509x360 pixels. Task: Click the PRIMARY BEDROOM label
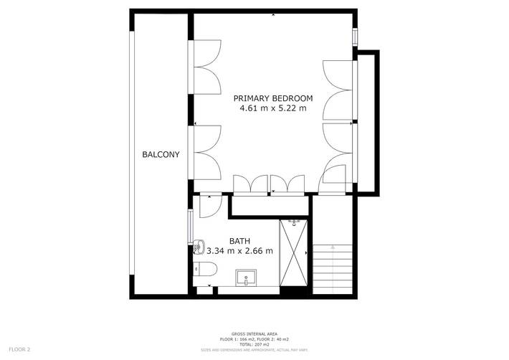(x=274, y=98)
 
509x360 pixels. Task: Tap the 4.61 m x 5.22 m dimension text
(x=273, y=109)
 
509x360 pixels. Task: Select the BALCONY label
(x=161, y=154)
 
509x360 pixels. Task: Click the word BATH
(x=239, y=240)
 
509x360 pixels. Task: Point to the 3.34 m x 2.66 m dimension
(x=239, y=251)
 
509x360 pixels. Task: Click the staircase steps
(x=333, y=269)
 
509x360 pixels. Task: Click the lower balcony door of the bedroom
(x=208, y=152)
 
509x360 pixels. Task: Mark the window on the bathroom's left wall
(x=190, y=228)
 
